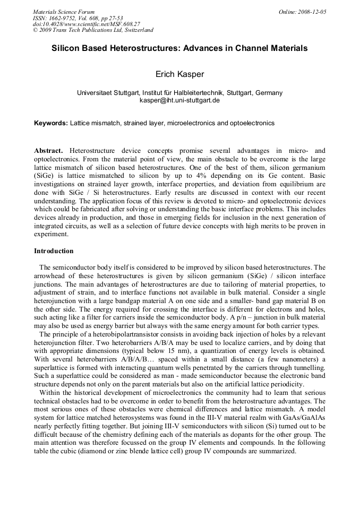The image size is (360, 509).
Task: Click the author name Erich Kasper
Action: (x=179, y=74)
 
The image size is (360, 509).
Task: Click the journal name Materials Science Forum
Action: (x=64, y=12)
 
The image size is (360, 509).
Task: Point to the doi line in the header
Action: (x=87, y=24)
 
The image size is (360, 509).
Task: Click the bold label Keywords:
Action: (x=51, y=123)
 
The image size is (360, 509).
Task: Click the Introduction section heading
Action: (x=54, y=251)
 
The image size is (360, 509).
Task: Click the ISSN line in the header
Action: (x=77, y=18)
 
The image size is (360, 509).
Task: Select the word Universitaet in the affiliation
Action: (x=96, y=92)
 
